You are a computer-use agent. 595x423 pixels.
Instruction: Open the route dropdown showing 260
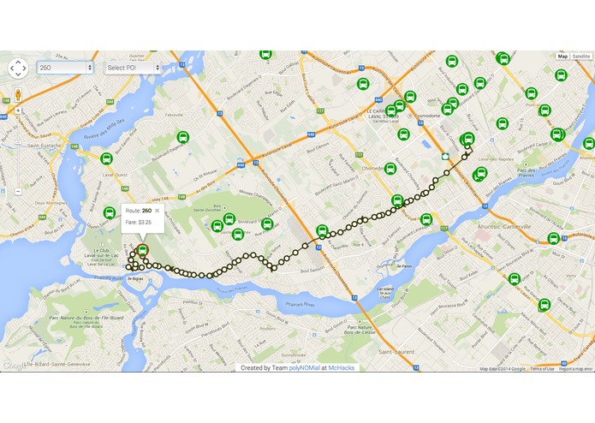point(64,67)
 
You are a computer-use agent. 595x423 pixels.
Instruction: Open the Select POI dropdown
point(132,67)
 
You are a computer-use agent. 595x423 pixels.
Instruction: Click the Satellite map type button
point(581,56)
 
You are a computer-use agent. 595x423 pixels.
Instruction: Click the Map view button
point(562,56)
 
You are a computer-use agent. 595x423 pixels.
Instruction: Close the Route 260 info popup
point(158,211)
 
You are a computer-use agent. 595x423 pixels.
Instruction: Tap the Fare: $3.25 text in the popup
point(139,222)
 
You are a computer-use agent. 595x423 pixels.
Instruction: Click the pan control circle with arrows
point(18,68)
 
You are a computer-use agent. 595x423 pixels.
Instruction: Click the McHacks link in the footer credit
point(342,367)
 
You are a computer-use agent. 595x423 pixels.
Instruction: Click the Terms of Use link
point(542,369)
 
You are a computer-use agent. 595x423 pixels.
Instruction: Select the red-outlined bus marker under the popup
point(143,250)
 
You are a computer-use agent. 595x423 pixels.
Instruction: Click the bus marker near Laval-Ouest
point(107,159)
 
